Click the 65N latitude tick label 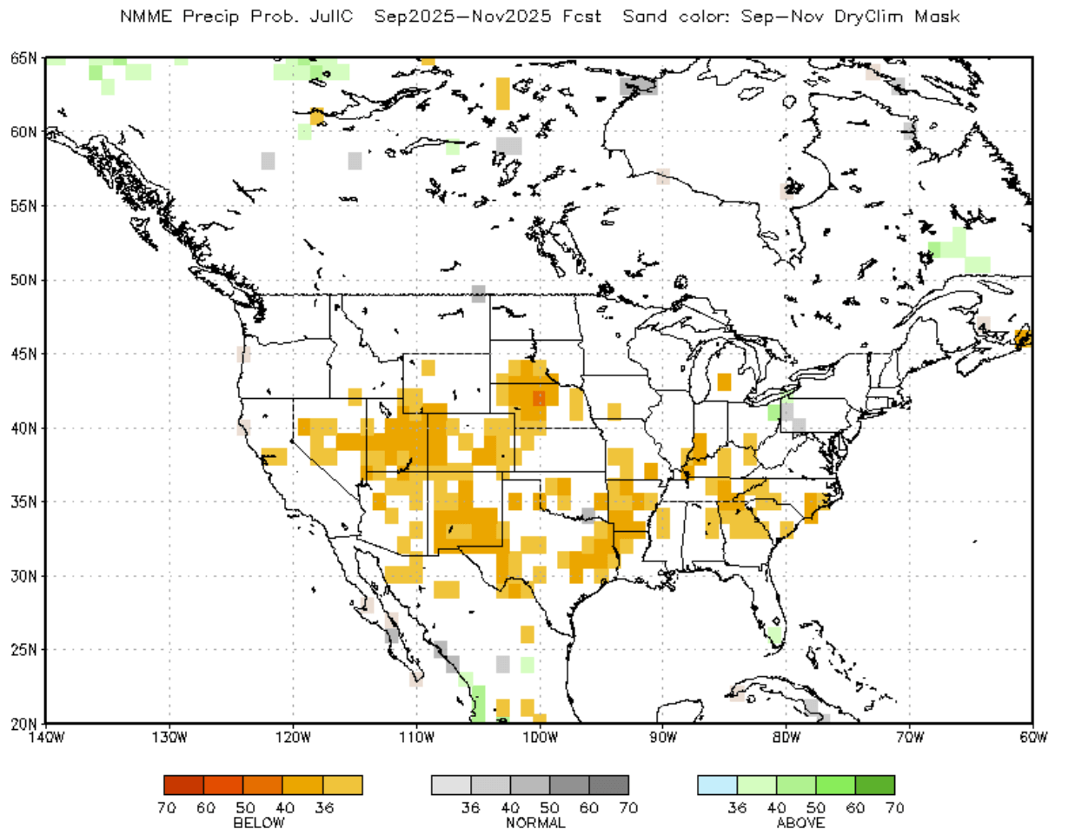[23, 58]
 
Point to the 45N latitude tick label [23, 354]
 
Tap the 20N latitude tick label [23, 723]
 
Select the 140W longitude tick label [46, 738]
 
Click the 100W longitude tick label [540, 738]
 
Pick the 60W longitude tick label [1032, 738]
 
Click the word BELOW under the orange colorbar [259, 822]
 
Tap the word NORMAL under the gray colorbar [535, 822]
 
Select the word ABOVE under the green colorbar [800, 822]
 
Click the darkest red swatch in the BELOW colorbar [183, 786]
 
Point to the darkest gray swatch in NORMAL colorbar [608, 786]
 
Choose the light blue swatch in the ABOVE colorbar [717, 786]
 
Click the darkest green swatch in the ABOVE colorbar [875, 786]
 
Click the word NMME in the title [146, 17]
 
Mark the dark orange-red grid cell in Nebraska [539, 398]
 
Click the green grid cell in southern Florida [774, 635]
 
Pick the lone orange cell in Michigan [724, 381]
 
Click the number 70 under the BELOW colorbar [167, 807]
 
